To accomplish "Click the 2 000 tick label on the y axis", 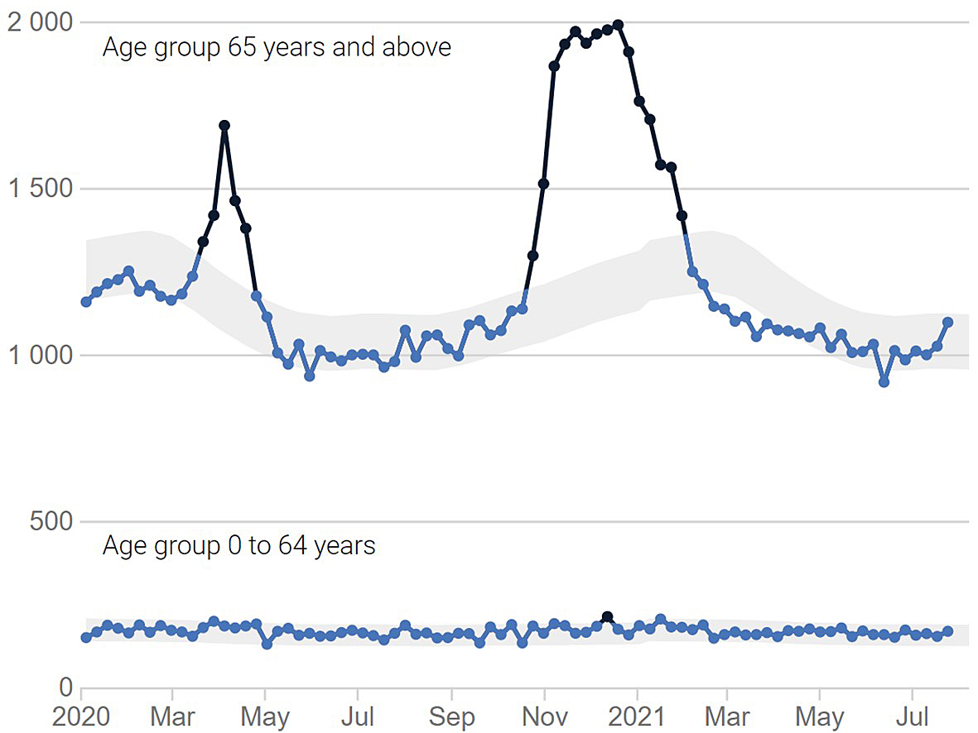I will [x=40, y=22].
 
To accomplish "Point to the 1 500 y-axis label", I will [x=40, y=189].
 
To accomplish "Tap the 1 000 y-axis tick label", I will [x=40, y=356].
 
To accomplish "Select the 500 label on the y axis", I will [x=51, y=522].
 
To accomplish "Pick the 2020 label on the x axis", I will [x=82, y=716].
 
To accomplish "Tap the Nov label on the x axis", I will [x=544, y=716].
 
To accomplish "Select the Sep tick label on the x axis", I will [x=451, y=716].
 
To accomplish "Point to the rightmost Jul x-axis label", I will [x=913, y=716].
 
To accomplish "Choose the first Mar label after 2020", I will [x=172, y=716].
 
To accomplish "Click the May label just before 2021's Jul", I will [x=820, y=716].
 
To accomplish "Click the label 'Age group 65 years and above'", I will [x=277, y=47].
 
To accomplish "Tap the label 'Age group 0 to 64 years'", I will [x=238, y=546].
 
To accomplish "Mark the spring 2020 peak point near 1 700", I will [x=224, y=126].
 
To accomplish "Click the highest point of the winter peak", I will [x=618, y=25].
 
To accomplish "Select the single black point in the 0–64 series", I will [x=607, y=617].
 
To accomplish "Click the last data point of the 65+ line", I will [x=947, y=323].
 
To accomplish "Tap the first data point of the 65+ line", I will [x=86, y=302].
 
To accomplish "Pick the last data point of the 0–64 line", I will [x=947, y=632].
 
